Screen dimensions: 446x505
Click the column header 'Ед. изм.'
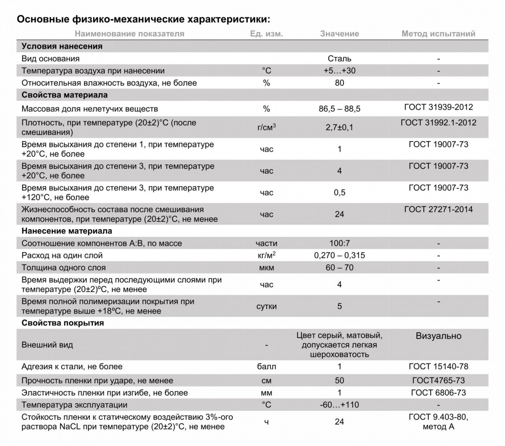(266, 34)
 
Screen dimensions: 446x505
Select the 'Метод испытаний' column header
(438, 34)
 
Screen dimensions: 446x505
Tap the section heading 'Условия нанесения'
(62, 46)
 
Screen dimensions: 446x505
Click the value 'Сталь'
(339, 59)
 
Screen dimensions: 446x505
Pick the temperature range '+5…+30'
(339, 71)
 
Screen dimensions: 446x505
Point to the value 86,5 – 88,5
(339, 109)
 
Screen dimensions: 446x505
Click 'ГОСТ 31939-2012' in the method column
(438, 107)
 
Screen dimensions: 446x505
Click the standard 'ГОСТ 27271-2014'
(438, 209)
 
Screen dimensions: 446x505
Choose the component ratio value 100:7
(339, 243)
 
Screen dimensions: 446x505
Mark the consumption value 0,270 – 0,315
(339, 255)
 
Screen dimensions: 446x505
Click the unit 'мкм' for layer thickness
(266, 268)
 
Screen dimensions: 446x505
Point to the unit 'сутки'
(266, 306)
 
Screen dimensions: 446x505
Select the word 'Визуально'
(438, 336)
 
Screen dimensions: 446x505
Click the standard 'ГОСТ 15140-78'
(438, 367)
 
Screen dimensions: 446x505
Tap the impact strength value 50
(339, 380)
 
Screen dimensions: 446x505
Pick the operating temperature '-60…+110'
(339, 405)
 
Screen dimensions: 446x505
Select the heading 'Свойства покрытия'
(62, 323)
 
